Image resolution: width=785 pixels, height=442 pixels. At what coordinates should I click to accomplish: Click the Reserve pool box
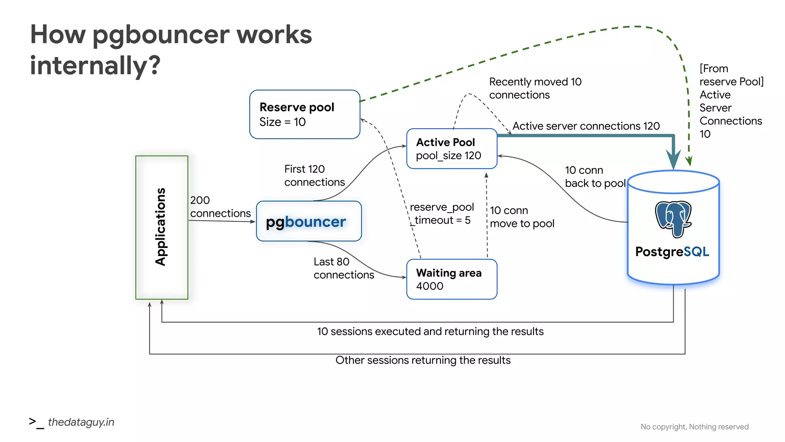(304, 114)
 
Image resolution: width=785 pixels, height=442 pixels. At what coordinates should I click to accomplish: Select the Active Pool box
(451, 148)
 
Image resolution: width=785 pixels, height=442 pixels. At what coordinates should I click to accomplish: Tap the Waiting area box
(451, 279)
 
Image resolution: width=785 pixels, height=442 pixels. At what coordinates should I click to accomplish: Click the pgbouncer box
(309, 221)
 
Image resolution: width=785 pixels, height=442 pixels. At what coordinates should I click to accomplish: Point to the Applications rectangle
(162, 227)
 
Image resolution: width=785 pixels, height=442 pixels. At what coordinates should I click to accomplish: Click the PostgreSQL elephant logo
(673, 219)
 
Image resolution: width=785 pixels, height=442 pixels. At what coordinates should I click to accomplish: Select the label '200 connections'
(220, 206)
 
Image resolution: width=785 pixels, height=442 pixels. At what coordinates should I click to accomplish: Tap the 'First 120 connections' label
(314, 175)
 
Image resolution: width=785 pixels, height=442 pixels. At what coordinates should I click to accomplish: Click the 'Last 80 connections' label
(343, 268)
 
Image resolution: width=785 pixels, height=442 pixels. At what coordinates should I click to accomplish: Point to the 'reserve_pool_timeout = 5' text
(441, 213)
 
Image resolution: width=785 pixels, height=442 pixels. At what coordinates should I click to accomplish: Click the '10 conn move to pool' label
(521, 217)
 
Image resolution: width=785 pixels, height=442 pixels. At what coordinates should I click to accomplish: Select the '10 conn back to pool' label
(594, 176)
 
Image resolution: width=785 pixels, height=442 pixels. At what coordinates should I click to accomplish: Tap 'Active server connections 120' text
(586, 126)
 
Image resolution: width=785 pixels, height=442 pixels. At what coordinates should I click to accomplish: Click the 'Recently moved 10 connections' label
(535, 88)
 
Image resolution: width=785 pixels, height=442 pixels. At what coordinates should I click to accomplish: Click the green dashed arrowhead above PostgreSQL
(689, 161)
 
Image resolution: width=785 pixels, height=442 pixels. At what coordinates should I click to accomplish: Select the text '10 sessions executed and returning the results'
(430, 331)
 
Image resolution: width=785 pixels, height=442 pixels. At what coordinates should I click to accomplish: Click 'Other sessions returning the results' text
(423, 360)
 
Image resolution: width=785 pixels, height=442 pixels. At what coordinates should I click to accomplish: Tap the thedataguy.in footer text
(81, 422)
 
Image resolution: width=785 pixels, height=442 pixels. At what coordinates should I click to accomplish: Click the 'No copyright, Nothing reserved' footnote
(694, 427)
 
